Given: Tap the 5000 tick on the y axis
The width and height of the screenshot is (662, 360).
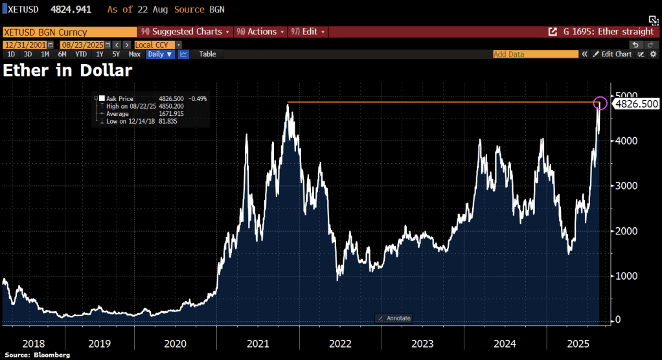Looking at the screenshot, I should pos(626,96).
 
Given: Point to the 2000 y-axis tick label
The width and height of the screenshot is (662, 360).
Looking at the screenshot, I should pos(626,231).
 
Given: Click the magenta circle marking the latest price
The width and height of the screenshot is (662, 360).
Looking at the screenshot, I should pos(600,103).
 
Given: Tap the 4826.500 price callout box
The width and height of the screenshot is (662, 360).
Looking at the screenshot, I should pos(635,104).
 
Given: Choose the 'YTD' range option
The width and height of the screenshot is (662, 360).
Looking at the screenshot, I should pos(80,54).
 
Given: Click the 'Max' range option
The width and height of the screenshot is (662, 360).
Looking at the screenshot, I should pos(135,54).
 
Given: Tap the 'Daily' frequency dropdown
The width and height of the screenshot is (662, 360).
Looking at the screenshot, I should pos(160,54).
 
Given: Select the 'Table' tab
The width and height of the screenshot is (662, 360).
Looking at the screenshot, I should pos(207,54).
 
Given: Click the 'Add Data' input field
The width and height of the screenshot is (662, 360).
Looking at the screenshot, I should pos(535,54).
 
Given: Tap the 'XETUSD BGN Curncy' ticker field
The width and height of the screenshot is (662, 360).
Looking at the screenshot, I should pos(45,32).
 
